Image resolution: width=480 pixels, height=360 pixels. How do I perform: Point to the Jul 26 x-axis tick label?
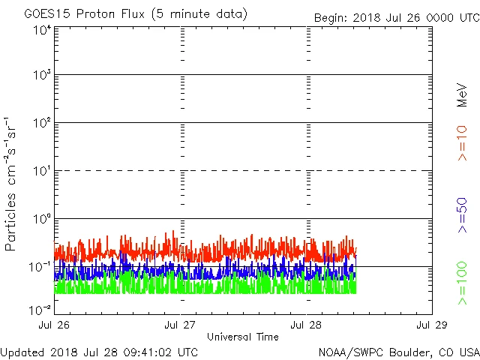(55, 325)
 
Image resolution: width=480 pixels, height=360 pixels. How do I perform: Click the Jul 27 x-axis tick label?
(181, 325)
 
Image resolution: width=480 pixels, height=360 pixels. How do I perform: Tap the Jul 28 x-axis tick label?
(307, 325)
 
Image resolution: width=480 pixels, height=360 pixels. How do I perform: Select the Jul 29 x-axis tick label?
(432, 325)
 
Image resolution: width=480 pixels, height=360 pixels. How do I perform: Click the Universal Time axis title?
(242, 337)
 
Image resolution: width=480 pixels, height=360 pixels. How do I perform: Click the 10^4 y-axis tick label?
(42, 30)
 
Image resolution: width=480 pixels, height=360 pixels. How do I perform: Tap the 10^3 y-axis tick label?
(42, 76)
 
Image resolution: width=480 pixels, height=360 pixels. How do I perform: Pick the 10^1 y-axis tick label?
(42, 172)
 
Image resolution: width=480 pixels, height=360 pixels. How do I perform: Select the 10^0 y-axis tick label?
(42, 219)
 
